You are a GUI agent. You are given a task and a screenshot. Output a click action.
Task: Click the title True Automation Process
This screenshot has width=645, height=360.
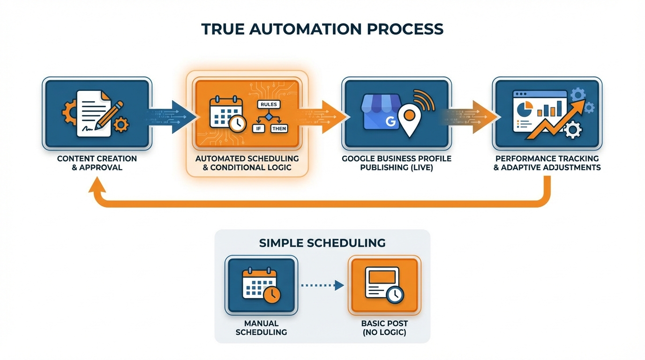(322, 29)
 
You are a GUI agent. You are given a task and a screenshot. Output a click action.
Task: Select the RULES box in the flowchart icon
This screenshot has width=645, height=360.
(269, 104)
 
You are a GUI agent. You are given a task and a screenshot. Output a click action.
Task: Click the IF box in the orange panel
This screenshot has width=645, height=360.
(258, 128)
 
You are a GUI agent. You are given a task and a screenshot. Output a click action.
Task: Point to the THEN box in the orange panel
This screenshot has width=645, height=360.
(279, 128)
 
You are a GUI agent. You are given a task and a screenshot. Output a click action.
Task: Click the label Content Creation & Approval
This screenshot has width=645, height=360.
(97, 163)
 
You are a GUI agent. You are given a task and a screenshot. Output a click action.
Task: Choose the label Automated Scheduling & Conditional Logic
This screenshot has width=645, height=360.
(247, 163)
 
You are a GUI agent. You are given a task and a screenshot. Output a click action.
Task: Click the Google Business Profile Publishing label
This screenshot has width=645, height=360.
(397, 163)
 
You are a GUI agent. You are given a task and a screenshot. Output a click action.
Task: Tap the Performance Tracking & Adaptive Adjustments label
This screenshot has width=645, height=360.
(547, 163)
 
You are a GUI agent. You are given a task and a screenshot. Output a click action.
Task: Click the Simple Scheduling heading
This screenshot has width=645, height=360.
(322, 243)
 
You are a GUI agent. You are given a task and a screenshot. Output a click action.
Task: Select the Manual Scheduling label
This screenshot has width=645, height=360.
(261, 328)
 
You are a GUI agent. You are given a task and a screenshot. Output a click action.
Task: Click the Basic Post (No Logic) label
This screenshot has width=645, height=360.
(384, 328)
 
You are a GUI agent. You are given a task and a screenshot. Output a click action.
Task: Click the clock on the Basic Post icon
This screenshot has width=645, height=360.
(395, 294)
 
